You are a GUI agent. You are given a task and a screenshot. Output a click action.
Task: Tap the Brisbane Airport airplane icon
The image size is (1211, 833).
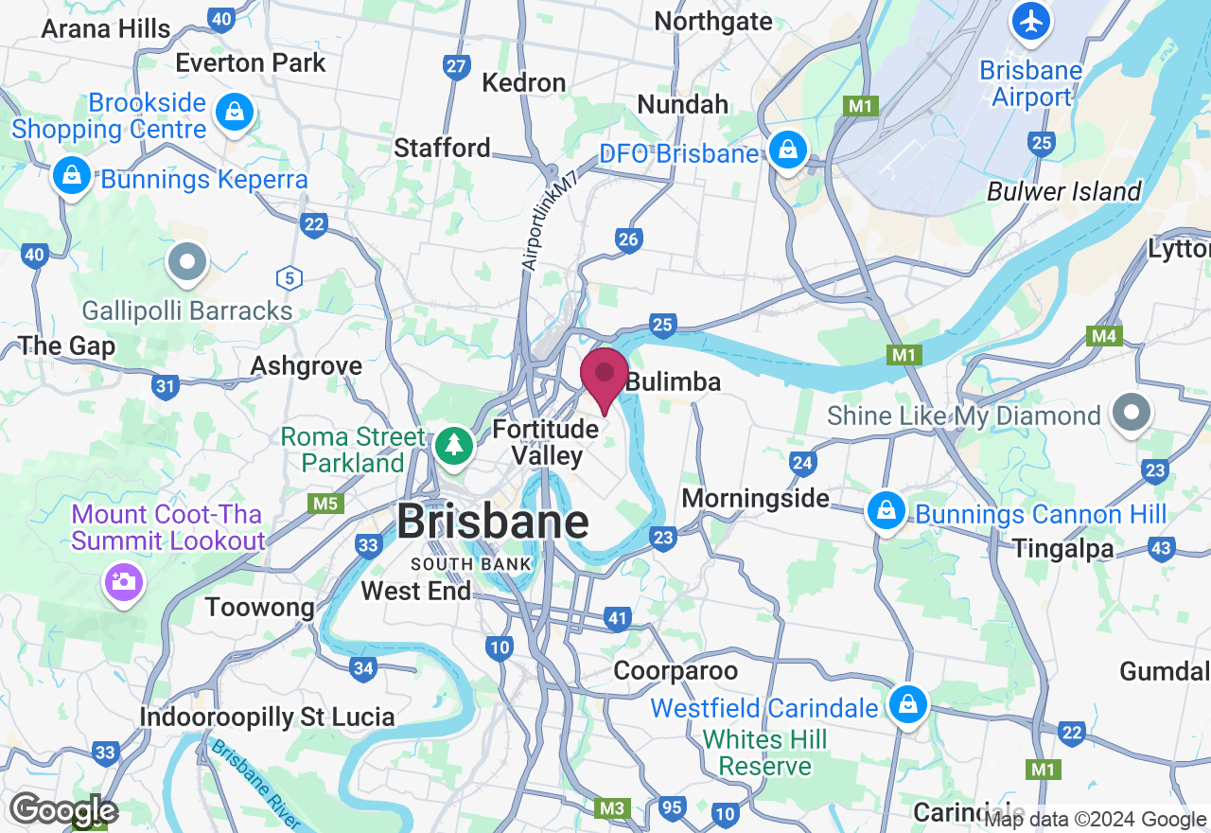click(1030, 21)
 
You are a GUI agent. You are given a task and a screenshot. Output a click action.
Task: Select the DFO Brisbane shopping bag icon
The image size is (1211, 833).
click(786, 150)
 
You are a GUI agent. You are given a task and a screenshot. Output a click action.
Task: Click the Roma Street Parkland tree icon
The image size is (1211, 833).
click(454, 444)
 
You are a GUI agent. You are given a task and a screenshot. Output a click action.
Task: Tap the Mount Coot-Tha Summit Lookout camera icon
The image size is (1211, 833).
click(124, 580)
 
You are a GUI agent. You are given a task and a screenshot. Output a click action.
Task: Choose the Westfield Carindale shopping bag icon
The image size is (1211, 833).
click(907, 703)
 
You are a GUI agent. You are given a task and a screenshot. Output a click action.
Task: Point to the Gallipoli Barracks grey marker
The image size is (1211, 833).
click(186, 261)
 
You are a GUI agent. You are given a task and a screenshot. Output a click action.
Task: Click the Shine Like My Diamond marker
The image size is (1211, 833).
click(1131, 413)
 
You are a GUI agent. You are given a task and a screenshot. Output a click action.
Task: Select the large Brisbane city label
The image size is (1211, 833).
click(492, 522)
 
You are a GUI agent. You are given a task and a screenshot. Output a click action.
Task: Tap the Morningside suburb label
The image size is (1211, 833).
click(755, 498)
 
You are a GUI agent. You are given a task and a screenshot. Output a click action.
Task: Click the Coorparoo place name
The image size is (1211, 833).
click(676, 671)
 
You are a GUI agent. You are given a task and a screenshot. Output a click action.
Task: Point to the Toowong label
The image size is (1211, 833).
click(259, 607)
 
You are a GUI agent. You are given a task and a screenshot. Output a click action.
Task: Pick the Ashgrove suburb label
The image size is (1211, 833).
click(307, 365)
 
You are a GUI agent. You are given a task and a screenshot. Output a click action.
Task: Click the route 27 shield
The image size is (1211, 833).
click(457, 66)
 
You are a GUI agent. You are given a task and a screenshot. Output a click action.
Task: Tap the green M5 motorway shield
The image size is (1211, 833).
click(325, 503)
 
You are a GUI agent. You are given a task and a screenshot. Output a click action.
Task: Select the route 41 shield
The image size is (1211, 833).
click(617, 619)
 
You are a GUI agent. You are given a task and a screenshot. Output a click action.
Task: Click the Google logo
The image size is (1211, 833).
click(62, 810)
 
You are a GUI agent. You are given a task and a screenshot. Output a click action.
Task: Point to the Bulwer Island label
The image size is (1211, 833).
click(1064, 191)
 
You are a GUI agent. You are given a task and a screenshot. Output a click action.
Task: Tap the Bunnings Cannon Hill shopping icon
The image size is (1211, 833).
click(886, 511)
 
